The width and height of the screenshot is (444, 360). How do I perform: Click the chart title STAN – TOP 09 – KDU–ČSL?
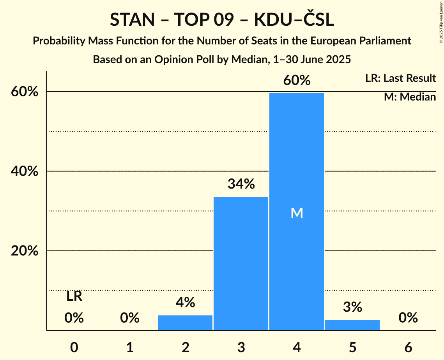(222, 19)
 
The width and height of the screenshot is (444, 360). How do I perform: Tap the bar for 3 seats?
(241, 263)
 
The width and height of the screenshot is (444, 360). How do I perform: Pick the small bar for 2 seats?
(185, 323)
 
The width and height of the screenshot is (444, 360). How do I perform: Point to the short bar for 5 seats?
(352, 325)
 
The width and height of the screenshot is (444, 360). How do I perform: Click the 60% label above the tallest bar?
(297, 80)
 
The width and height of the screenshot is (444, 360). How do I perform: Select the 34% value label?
(241, 184)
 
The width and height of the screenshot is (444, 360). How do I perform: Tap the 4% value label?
(185, 302)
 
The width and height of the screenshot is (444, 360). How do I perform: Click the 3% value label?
(352, 307)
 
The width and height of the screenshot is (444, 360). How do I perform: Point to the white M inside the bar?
(297, 213)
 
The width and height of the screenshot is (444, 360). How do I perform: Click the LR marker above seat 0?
(74, 296)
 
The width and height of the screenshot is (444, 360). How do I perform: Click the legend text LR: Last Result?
(400, 78)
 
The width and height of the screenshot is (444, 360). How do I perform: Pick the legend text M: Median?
(410, 97)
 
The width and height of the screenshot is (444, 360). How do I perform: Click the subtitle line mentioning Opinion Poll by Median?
(222, 59)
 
